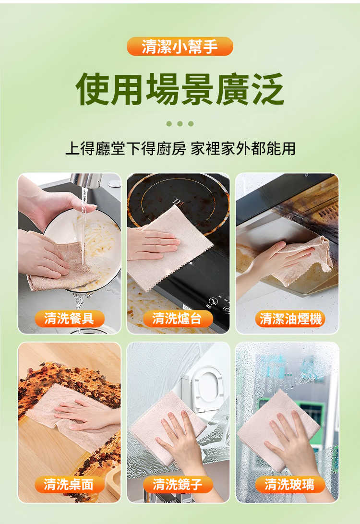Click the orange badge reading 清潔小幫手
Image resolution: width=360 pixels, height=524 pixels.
coord(180,46)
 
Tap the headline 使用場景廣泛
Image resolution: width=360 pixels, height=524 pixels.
coord(180,89)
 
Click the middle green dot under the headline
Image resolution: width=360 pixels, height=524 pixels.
coord(180,124)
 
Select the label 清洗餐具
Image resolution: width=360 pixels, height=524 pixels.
coord(69,319)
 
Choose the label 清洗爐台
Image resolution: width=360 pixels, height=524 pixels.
coord(178,319)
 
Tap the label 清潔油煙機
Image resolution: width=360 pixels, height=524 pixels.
coord(290,319)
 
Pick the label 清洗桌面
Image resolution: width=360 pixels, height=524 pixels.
coord(69,484)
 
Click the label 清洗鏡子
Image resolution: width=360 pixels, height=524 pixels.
coord(178,484)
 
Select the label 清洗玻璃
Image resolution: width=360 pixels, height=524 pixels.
coord(290,484)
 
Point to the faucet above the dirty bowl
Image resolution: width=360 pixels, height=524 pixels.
coord(86,180)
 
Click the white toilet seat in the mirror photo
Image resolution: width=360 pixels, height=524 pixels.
coord(206,388)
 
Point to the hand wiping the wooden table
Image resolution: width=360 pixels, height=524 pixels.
coord(87,415)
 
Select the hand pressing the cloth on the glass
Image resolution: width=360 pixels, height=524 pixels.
coord(294,441)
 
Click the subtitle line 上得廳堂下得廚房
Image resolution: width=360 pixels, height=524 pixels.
coord(126,148)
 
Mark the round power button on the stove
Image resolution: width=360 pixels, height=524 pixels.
coord(213,301)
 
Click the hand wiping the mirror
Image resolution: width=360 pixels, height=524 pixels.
coord(182,441)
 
